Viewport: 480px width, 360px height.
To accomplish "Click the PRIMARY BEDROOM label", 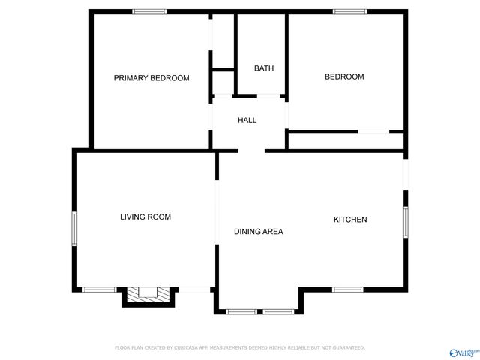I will (151, 78).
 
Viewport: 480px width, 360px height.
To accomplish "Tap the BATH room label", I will (263, 68).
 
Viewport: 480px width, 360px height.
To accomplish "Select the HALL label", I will (247, 120).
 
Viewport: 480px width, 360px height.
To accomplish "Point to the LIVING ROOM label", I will (145, 217).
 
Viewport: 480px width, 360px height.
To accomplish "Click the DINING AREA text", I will (258, 232).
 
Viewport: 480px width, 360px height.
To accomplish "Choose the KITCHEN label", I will (350, 220).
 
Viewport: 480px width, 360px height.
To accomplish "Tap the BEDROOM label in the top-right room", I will (344, 76).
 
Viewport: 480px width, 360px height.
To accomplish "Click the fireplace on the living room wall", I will (148, 295).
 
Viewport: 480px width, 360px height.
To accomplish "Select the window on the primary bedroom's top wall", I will (149, 11).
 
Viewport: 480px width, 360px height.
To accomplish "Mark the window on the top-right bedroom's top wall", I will (349, 11).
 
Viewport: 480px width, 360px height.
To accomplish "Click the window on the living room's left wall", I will (74, 228).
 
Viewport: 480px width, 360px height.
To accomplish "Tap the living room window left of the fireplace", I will (99, 289).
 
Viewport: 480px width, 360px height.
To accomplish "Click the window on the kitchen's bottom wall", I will (347, 289).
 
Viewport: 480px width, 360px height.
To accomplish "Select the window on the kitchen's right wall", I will (405, 223).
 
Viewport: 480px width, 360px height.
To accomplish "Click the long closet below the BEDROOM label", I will (345, 141).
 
